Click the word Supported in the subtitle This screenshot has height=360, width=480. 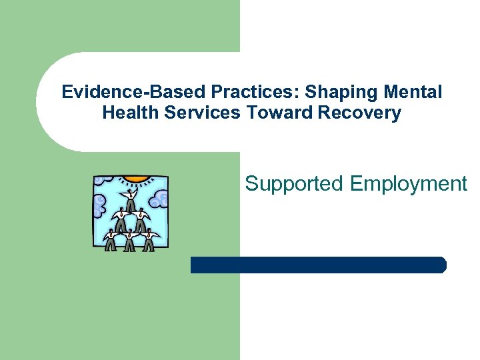tap(293, 183)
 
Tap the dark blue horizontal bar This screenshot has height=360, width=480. tap(318, 265)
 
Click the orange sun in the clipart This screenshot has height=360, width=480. tap(136, 178)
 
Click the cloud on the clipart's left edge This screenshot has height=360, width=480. tap(99, 203)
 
